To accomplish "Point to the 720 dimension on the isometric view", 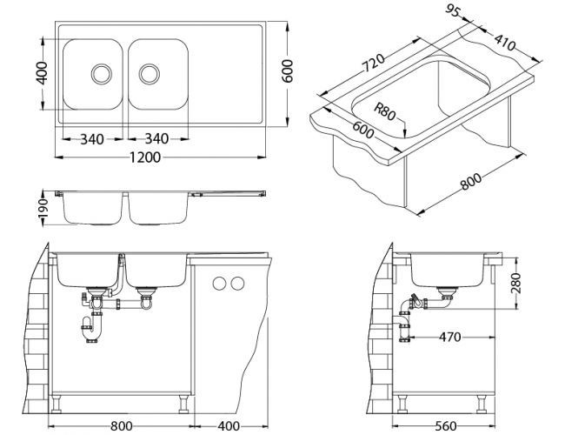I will [372, 63].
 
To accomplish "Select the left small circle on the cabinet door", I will [218, 283].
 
